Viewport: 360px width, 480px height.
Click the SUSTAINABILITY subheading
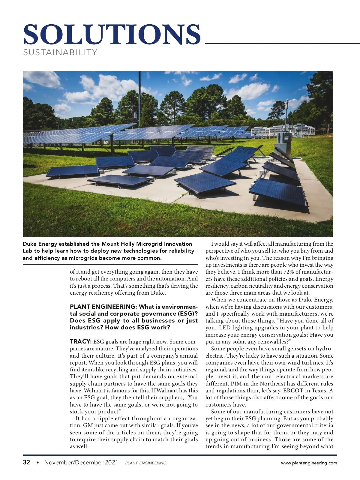coord(60,52)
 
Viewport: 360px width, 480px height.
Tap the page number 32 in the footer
coord(27,462)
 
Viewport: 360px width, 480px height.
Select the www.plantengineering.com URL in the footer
coord(309,463)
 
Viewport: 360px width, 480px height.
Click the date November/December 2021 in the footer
coord(81,462)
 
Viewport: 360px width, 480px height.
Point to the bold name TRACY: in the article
coord(80,342)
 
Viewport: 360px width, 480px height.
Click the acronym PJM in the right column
coord(236,384)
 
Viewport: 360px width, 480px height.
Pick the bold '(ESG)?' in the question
coord(187,313)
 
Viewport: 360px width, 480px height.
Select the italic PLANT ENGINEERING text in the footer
coord(145,463)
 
